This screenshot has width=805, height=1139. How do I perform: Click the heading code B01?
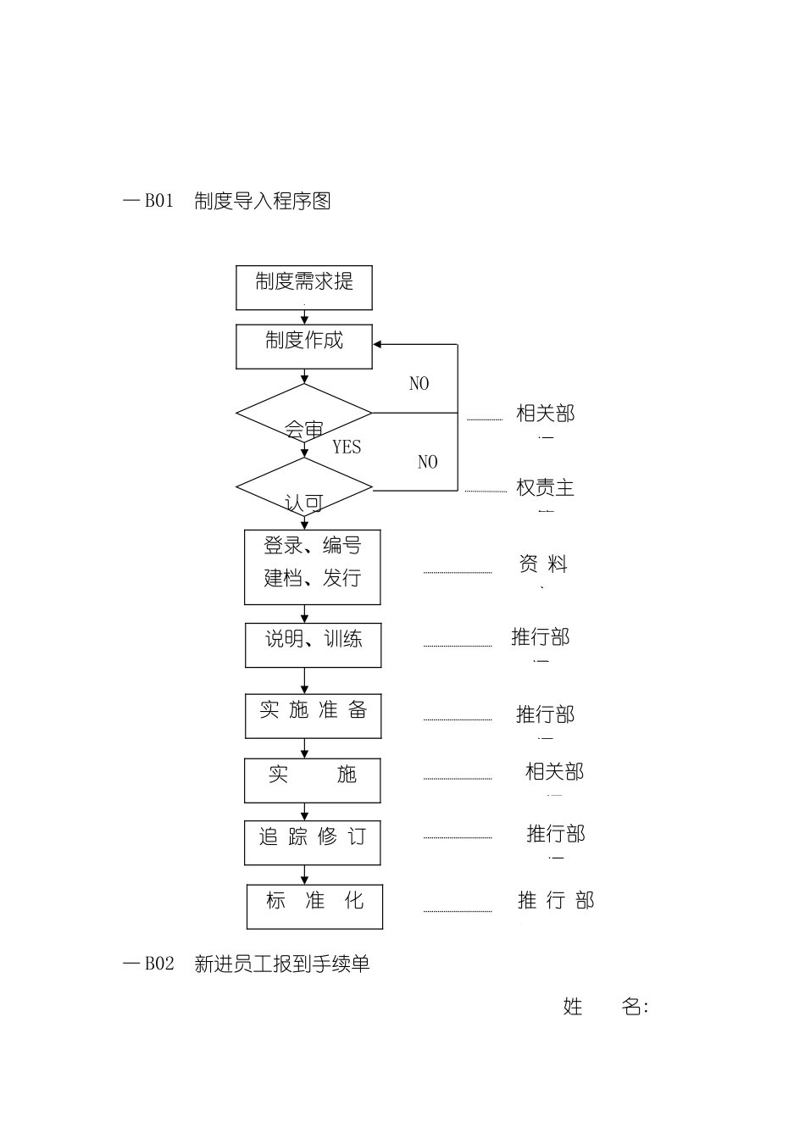pyautogui.click(x=158, y=202)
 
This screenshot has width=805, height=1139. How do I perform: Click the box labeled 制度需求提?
pyautogui.click(x=304, y=287)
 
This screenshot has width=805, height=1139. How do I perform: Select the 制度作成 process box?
pyautogui.click(x=304, y=347)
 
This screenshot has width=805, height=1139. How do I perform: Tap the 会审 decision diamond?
pyautogui.click(x=304, y=414)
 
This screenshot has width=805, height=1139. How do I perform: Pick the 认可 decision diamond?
pyautogui.click(x=304, y=488)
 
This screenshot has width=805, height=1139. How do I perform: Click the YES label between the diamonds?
pyautogui.click(x=347, y=447)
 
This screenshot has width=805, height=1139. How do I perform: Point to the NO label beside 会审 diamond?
pyautogui.click(x=419, y=384)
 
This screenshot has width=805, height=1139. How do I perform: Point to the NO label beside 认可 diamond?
pyautogui.click(x=428, y=462)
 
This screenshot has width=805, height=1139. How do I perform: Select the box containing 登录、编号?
pyautogui.click(x=313, y=567)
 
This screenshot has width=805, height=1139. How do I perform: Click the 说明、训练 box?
pyautogui.click(x=314, y=645)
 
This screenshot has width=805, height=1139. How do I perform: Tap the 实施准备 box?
pyautogui.click(x=314, y=716)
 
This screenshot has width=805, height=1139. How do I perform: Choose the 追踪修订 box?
pyautogui.click(x=313, y=842)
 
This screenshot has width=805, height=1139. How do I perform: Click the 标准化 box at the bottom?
pyautogui.click(x=314, y=906)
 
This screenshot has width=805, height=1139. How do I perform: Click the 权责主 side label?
pyautogui.click(x=546, y=488)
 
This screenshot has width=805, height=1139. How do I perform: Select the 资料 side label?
pyautogui.click(x=543, y=564)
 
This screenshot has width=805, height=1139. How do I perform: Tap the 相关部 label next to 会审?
pyautogui.click(x=546, y=414)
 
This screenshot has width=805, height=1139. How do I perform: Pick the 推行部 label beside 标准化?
pyautogui.click(x=556, y=900)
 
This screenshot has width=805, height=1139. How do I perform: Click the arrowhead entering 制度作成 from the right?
pyautogui.click(x=379, y=345)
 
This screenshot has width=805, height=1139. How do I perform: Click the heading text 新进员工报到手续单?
pyautogui.click(x=282, y=964)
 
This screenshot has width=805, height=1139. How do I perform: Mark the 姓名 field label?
pyautogui.click(x=605, y=1007)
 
